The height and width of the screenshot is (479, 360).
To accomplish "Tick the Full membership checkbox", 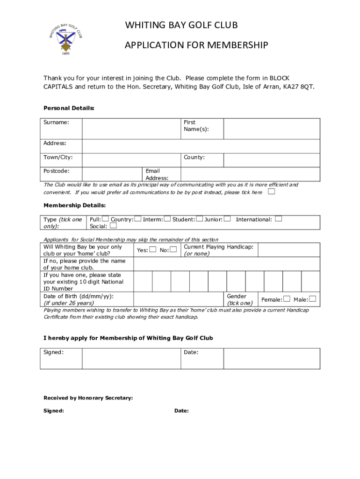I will pos(105,219).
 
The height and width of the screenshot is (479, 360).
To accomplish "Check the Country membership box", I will pos(137,219).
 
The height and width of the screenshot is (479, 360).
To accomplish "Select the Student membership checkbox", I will pos(200,219).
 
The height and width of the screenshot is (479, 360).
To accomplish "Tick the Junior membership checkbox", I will pos(227,219).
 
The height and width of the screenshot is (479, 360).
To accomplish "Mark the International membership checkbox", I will pos(279,219).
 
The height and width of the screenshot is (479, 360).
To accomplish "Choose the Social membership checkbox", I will pos(113,226).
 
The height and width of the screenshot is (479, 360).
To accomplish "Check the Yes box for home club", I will pos(153,250).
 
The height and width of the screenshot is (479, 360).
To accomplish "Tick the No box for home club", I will pos(173,250).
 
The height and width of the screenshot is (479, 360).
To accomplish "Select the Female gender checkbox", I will pos(287,299).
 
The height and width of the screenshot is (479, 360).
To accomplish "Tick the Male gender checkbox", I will pos(313,299).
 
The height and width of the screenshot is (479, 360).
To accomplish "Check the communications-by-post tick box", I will pos(271,192).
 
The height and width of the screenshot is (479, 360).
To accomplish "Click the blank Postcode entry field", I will pos(112,174).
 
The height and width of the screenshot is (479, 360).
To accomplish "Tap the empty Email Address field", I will pos(250,174).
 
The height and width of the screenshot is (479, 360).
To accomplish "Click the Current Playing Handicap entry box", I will pos(288,250).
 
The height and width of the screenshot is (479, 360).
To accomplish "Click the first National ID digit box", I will pos(143,282).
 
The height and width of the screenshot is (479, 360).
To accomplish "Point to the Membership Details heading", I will pos(74,205).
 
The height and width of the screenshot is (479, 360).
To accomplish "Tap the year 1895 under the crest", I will pos(66,54).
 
